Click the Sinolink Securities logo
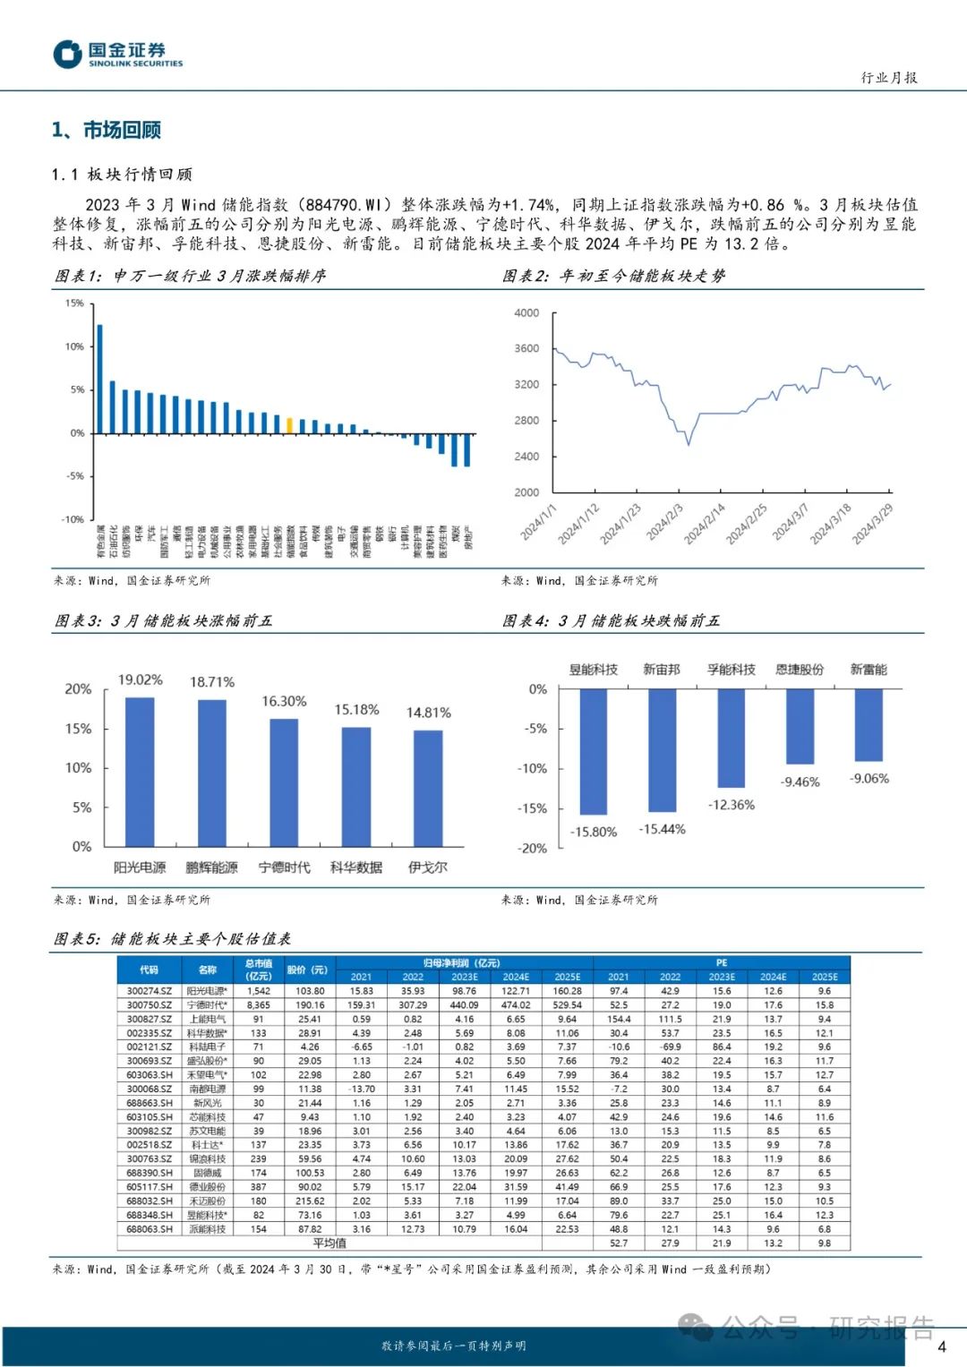(117, 54)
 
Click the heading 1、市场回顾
(107, 131)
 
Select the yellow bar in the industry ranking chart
(289, 425)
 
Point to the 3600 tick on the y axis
(526, 348)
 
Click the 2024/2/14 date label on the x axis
(705, 524)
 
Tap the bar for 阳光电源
(140, 772)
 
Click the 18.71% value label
(212, 682)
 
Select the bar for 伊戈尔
(428, 788)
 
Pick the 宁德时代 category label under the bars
(284, 867)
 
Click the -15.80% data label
(594, 832)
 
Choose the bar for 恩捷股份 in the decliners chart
(800, 726)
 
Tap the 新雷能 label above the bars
(869, 670)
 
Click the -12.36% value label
(732, 805)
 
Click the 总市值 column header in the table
(259, 970)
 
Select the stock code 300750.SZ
(150, 1005)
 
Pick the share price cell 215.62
(310, 1201)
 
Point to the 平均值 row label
(329, 1243)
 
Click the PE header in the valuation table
(722, 963)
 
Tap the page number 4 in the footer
(941, 1346)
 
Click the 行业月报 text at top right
(889, 78)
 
